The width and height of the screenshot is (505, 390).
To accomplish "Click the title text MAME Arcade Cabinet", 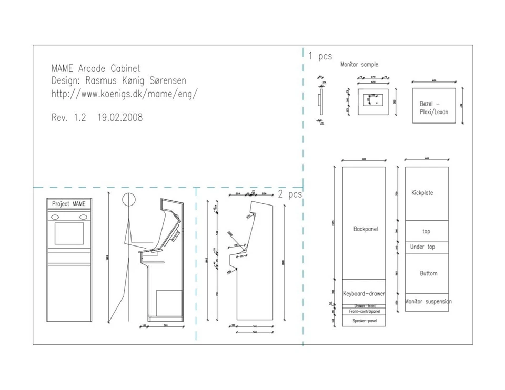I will pos(96,68).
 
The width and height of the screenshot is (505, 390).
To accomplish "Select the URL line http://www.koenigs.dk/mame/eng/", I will pos(125,94).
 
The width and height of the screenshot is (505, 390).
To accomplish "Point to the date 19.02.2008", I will pos(119,118).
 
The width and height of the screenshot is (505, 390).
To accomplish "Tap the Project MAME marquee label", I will pos(68,203).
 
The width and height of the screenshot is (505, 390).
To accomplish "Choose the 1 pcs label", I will pos(320,56).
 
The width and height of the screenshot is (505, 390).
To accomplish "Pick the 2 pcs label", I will pos(290,194).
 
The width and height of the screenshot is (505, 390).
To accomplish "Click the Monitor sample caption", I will pos(359,65).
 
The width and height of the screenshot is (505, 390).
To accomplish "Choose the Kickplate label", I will pos(422,193).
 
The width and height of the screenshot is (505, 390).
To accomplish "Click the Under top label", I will pos(422,247).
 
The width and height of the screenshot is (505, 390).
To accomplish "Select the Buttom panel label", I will pos(429,273).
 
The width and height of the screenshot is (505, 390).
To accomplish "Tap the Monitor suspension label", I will pos(428,302).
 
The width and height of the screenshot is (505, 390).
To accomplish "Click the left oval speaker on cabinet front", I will pos(54,217).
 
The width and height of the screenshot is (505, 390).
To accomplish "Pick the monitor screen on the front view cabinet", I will pos(69,233).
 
